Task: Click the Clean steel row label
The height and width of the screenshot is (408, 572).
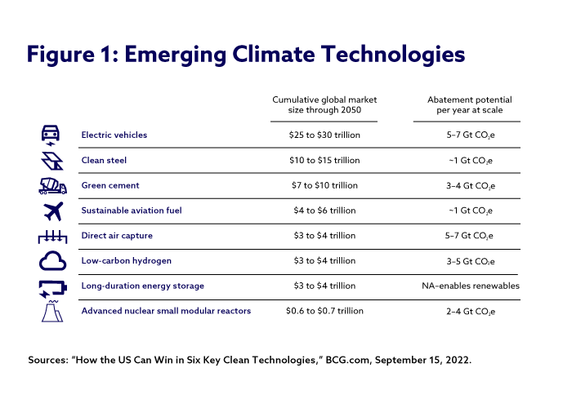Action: [105, 160]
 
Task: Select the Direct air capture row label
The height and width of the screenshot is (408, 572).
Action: [117, 236]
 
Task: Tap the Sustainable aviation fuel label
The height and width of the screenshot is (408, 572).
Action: [132, 211]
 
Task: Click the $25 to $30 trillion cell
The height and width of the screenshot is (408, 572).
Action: [324, 135]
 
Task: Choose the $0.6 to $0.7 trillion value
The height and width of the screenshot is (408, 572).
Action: [324, 311]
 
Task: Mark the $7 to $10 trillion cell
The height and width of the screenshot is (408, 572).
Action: [324, 185]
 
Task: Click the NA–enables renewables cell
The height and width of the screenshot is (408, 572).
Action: [465, 286]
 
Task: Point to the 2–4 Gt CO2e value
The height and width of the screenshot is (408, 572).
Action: [465, 311]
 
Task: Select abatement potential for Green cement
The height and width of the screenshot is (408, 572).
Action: [465, 185]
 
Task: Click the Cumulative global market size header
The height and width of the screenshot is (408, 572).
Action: [324, 104]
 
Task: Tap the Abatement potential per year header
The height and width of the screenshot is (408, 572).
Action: [465, 104]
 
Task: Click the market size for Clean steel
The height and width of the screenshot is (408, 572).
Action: [324, 160]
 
